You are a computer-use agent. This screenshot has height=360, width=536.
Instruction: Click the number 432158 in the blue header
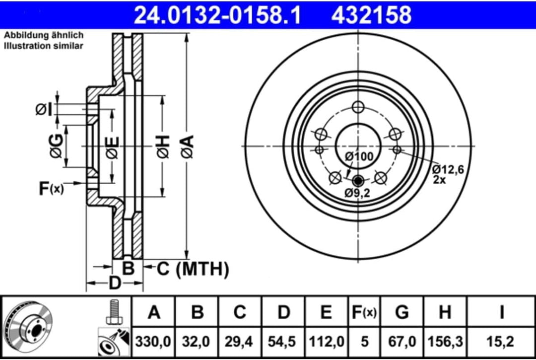click(x=371, y=15)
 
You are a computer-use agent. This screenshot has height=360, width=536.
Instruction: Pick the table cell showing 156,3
click(x=445, y=342)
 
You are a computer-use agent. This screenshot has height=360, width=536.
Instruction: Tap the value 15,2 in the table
click(x=502, y=342)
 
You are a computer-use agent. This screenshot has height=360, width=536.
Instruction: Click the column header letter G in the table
click(x=402, y=313)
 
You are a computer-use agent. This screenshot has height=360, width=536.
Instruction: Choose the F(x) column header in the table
click(x=363, y=313)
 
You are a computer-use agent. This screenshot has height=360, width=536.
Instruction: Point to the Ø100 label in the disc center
click(x=359, y=156)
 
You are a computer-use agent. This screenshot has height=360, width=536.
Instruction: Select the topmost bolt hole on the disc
click(x=358, y=107)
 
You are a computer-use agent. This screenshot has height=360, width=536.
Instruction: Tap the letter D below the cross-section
click(x=115, y=283)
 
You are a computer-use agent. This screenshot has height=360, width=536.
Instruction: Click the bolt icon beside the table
click(x=114, y=313)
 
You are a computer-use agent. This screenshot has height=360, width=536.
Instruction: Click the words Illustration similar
click(x=44, y=46)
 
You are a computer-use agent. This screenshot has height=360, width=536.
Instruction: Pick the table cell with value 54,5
click(x=283, y=342)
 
